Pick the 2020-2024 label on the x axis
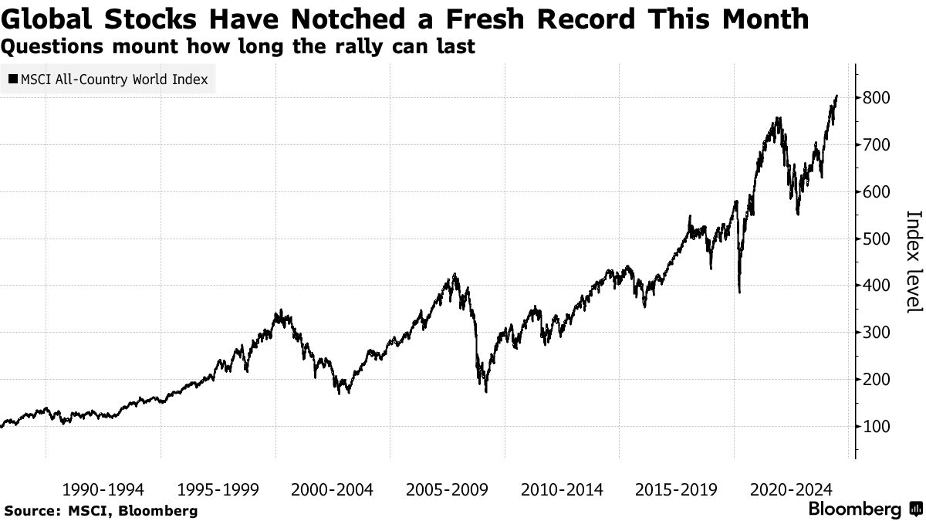[792, 489]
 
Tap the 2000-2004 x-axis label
[333, 489]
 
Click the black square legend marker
[14, 80]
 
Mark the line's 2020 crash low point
[739, 292]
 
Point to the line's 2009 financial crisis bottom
[486, 391]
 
